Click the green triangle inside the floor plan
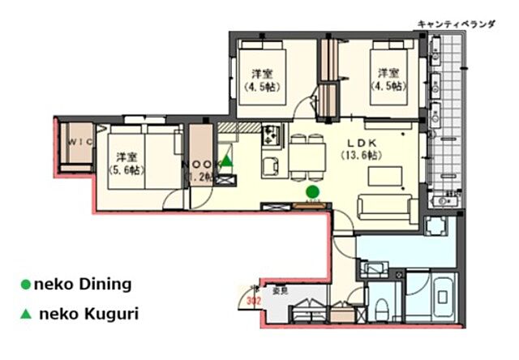click(227, 161)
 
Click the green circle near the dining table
click(312, 191)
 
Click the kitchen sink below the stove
click(270, 166)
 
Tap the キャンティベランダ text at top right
click(456, 24)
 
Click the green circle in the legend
click(25, 285)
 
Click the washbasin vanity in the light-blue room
click(375, 268)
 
